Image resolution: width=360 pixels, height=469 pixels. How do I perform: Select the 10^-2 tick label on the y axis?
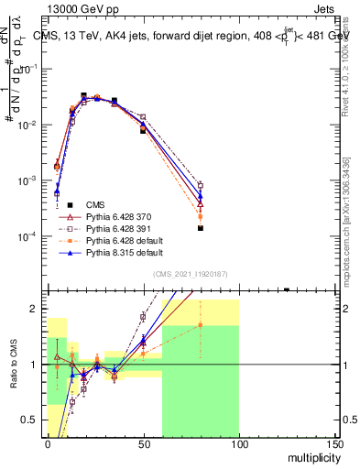pyautogui.click(x=27, y=125)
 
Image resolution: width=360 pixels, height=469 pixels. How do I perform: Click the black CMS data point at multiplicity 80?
pyautogui.click(x=200, y=228)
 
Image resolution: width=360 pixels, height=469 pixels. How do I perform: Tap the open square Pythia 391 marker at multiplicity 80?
pyautogui.click(x=200, y=186)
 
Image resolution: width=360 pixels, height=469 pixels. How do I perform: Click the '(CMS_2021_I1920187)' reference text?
pyautogui.click(x=191, y=274)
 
